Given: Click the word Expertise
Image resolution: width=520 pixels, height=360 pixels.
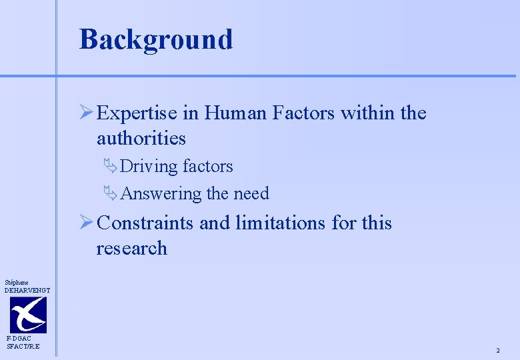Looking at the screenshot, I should tap(137, 113).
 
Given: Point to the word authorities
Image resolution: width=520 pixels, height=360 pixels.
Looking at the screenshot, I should tap(141, 138).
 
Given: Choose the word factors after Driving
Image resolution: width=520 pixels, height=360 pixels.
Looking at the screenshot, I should tap(207, 166).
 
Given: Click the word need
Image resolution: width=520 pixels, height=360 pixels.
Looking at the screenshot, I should tap(251, 193).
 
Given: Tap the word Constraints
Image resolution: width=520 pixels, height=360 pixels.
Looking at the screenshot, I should tap(145, 223).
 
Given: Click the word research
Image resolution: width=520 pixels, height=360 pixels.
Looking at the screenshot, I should tap(132, 248).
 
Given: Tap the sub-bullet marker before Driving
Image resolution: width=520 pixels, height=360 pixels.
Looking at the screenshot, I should tap(111, 167).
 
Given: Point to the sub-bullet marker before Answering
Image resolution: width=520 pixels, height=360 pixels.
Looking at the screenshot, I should tap(111, 194).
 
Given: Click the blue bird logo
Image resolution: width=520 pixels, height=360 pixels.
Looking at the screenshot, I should tap(28, 315).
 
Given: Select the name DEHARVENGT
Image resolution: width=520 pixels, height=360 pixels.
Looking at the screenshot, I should tap(27, 290).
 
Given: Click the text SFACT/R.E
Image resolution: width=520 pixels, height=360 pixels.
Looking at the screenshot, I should tap(23, 346).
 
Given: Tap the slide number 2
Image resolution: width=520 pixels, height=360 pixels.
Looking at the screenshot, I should tap(497, 351).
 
